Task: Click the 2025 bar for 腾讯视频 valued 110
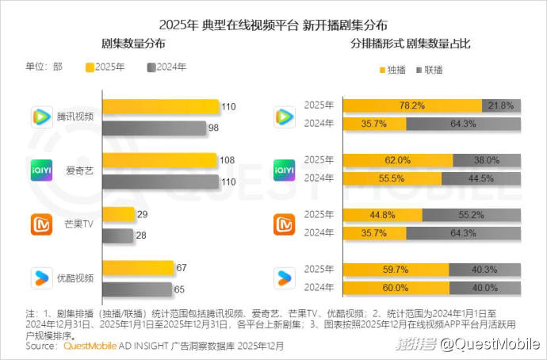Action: coord(160,107)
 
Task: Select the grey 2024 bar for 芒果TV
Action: coord(118,235)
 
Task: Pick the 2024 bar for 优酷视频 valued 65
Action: coord(136,289)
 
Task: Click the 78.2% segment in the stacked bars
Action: coord(411,105)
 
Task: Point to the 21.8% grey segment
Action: coord(501,105)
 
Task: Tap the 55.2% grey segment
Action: coord(472,214)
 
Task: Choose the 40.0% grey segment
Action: coord(485,287)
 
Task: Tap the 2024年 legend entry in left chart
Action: coord(166,67)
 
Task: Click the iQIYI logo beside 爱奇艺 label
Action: coord(41,170)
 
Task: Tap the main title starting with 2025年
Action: coord(273,22)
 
